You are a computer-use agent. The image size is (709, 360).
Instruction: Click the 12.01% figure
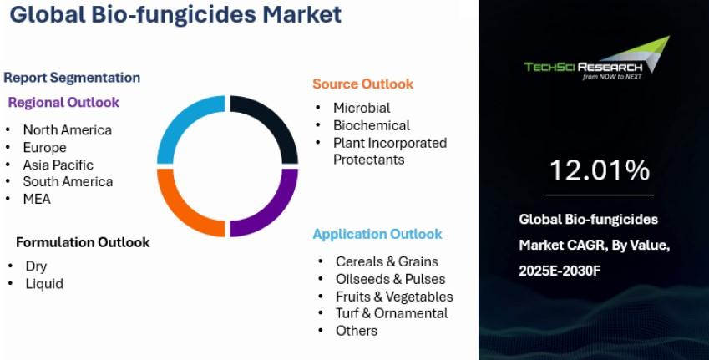600,170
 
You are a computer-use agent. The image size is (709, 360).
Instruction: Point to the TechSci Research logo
597,58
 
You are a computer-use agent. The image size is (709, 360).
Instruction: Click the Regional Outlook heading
63,102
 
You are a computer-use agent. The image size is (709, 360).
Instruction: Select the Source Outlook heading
363,84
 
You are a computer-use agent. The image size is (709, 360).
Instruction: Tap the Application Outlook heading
377,234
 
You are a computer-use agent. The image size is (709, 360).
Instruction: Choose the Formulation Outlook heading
83,242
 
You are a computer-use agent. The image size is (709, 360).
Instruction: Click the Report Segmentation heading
72,78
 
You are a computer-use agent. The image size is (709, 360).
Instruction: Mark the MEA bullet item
37,199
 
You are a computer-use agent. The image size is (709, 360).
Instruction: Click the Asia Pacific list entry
58,165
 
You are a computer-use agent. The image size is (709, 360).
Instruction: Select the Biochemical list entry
372,125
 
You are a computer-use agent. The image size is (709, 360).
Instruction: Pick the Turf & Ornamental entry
392,313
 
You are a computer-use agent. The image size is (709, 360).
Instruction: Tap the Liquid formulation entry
44,284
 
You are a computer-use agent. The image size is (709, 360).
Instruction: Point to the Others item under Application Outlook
357,331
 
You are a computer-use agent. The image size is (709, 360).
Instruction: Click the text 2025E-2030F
560,271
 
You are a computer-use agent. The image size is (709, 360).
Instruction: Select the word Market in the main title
302,14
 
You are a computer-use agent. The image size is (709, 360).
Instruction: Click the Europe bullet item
45,148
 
